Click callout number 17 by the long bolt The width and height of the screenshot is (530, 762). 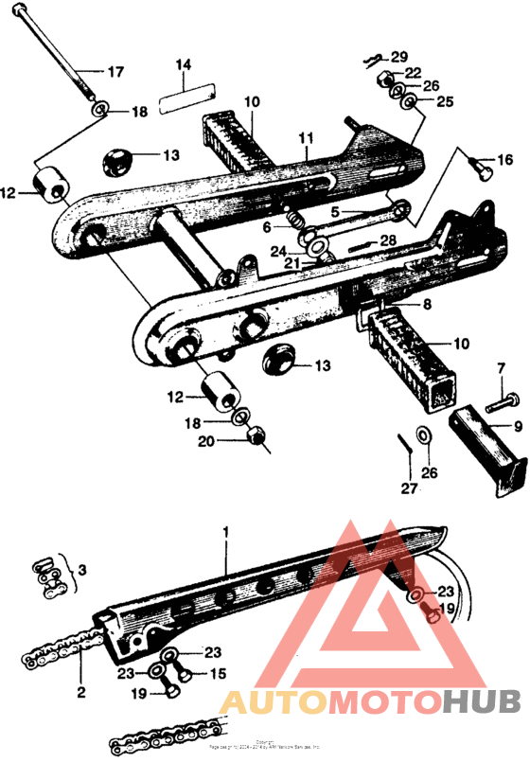(115, 72)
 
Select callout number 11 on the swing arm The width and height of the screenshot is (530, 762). (305, 138)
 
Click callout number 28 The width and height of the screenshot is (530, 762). (388, 242)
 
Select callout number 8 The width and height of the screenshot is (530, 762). (427, 305)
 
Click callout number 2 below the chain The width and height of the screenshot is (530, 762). (81, 692)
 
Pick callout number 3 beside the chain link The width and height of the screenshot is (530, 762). (81, 572)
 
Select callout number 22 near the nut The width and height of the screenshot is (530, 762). (414, 72)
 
